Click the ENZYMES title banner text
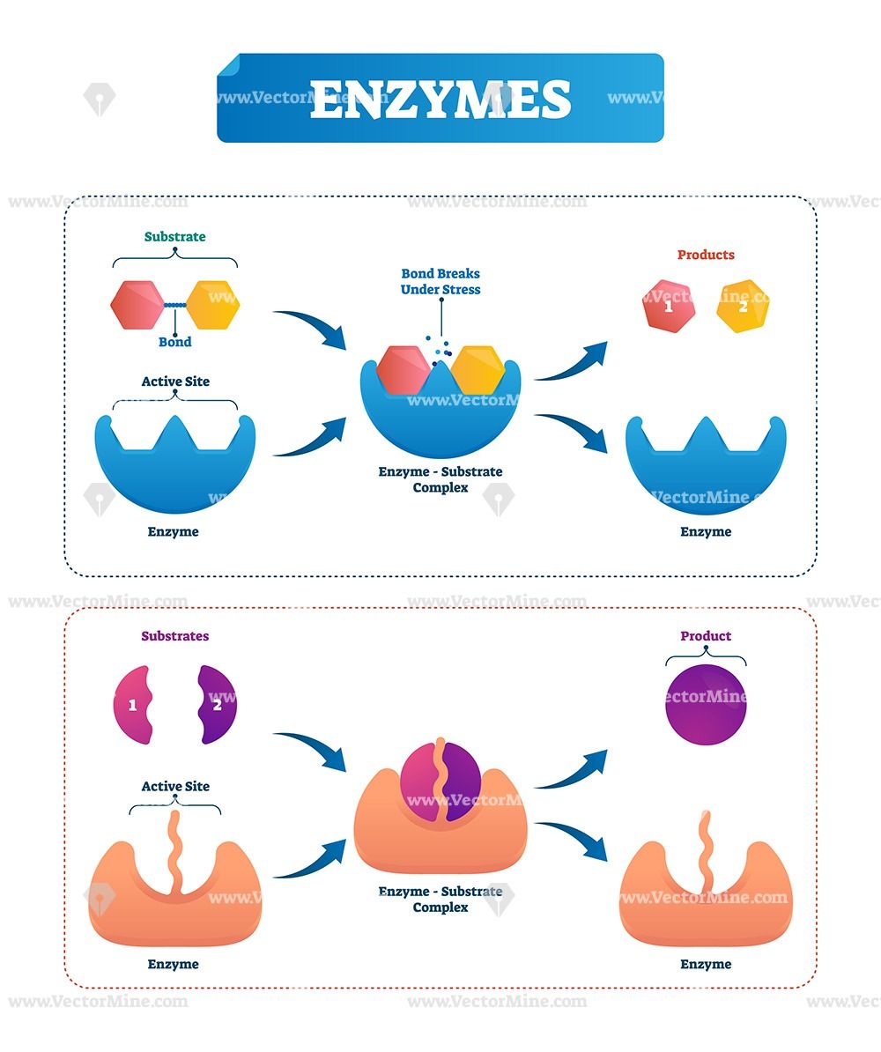click(x=440, y=99)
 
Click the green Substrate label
click(x=175, y=236)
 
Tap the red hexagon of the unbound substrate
click(x=137, y=305)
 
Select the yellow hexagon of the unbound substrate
click(x=213, y=305)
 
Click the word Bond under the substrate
click(x=174, y=342)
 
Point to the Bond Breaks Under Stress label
click(x=440, y=281)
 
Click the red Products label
click(x=706, y=255)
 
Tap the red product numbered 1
click(x=669, y=307)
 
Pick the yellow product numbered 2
click(x=743, y=307)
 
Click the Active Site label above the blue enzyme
click(x=175, y=382)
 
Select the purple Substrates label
click(x=175, y=635)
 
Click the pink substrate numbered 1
click(x=133, y=705)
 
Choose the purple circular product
click(x=706, y=706)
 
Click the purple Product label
click(x=706, y=635)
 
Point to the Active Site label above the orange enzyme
click(x=175, y=786)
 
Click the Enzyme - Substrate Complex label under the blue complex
click(x=440, y=479)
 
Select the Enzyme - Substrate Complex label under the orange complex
click(x=440, y=899)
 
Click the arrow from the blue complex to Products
click(x=573, y=361)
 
